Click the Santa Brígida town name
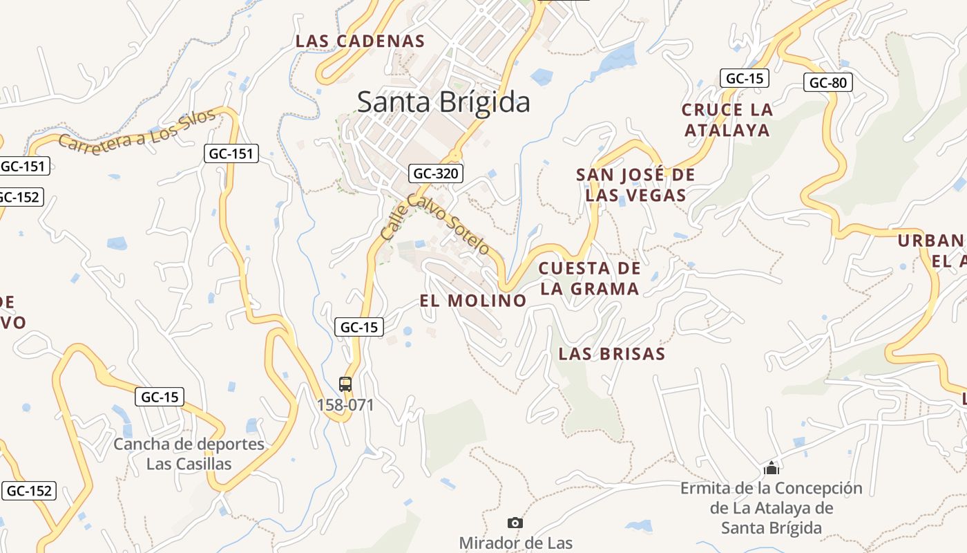point(443,102)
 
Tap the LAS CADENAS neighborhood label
point(360,41)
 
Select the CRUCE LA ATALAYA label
point(727,120)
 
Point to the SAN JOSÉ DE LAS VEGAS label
point(635,185)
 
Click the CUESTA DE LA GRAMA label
point(589,279)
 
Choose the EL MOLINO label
point(473,301)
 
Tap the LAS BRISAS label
point(611,354)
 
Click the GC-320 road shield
point(435,173)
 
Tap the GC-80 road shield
point(828,83)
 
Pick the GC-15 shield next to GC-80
point(744,78)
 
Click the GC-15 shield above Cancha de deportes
point(160,397)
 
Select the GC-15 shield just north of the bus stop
point(359,327)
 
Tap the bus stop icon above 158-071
point(345,384)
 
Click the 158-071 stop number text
point(345,404)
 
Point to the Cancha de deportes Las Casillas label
point(189,453)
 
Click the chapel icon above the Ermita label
point(772,469)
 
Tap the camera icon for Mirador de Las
point(515,523)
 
